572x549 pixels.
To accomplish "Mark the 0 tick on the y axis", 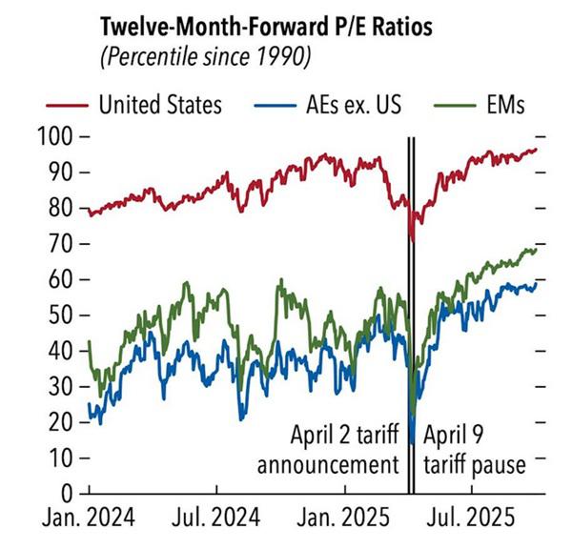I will [69, 493].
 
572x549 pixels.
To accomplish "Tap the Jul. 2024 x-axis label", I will [217, 520].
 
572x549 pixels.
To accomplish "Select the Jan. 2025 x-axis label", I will [345, 520].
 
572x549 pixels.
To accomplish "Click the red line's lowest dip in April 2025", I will [412, 242].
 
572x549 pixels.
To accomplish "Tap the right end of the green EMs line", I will [537, 249].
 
